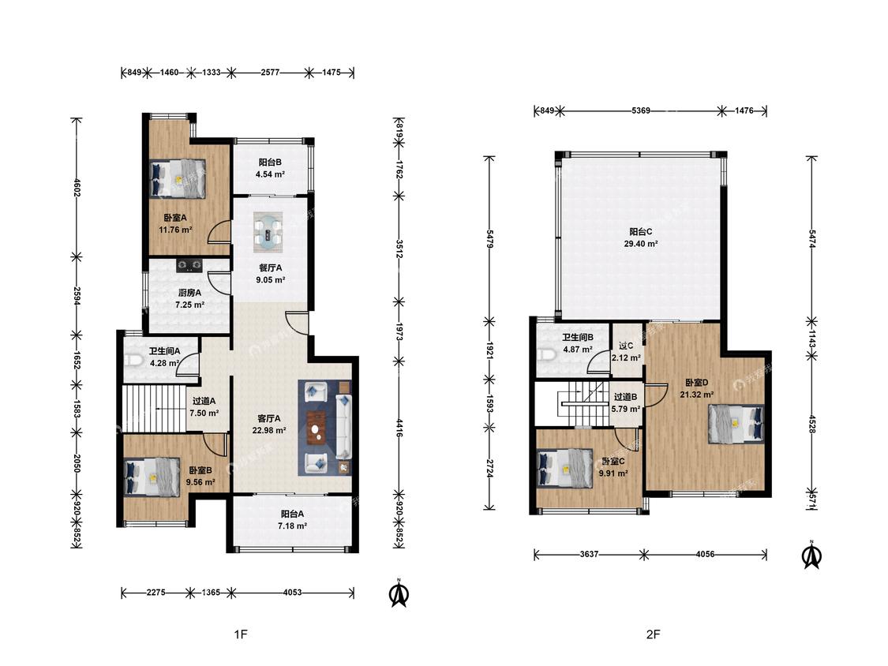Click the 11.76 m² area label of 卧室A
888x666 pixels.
coord(175,230)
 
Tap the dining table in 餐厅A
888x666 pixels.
coord(268,232)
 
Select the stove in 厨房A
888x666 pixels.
coord(189,264)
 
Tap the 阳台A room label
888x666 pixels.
coord(292,514)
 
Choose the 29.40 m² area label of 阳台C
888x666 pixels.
coord(640,244)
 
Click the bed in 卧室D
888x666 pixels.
coord(736,422)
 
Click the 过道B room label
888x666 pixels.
coord(626,397)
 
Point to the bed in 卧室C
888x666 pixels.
coord(564,469)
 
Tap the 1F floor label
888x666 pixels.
coord(241,634)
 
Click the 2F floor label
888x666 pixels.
coord(653,634)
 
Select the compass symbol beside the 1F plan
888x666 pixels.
coord(399,592)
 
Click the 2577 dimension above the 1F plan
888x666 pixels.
coord(270,73)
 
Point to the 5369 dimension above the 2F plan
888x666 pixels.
coord(640,110)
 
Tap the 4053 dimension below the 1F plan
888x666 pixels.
coord(292,593)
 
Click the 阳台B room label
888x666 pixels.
coord(270,162)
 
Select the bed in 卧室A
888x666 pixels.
coord(178,178)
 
